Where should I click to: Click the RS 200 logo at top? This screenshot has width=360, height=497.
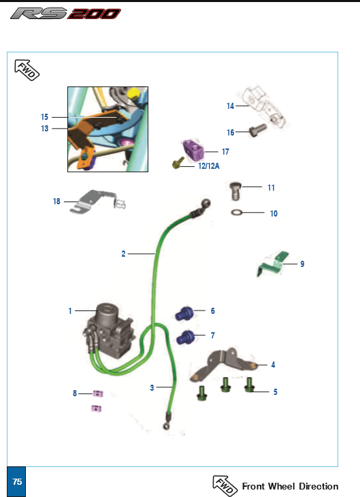pyautogui.click(x=65, y=14)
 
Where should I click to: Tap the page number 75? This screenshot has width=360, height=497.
pyautogui.click(x=17, y=481)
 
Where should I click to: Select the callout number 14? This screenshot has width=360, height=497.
pyautogui.click(x=231, y=106)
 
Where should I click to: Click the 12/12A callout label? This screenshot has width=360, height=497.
pyautogui.click(x=208, y=165)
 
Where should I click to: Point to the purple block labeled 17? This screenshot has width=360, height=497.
pyautogui.click(x=193, y=150)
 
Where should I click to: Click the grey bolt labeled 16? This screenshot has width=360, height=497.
pyautogui.click(x=257, y=129)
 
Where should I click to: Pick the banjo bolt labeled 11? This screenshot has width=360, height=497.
pyautogui.click(x=235, y=191)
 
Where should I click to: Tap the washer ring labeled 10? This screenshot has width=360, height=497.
pyautogui.click(x=237, y=212)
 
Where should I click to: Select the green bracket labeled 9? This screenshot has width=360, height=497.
pyautogui.click(x=273, y=263)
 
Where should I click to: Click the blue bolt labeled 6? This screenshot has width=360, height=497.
pyautogui.click(x=184, y=313)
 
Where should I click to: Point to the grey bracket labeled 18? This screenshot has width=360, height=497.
pyautogui.click(x=97, y=202)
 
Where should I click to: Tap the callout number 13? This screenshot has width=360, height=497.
pyautogui.click(x=45, y=129)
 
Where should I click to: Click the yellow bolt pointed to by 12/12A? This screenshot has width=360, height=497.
pyautogui.click(x=178, y=163)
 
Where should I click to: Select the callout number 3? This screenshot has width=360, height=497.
pyautogui.click(x=152, y=387)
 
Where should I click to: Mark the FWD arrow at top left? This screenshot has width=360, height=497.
pyautogui.click(x=27, y=70)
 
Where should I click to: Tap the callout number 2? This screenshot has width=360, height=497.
pyautogui.click(x=123, y=253)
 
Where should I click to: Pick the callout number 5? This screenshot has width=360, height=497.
pyautogui.click(x=275, y=392)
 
